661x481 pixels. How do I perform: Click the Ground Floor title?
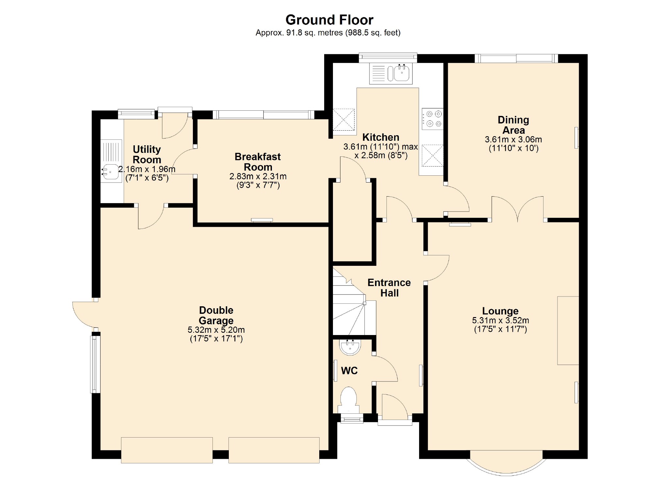[329, 20]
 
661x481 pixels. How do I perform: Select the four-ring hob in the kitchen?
[433, 119]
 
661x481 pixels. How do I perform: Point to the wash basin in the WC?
[350, 347]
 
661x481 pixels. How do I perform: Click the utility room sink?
[110, 172]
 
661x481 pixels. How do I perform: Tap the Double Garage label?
[216, 315]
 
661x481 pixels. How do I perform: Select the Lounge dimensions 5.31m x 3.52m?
[500, 321]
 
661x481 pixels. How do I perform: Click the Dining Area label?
[513, 125]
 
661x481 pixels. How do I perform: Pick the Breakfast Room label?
[258, 162]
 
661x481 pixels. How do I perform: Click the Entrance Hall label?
[389, 287]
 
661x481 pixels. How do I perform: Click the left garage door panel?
[167, 450]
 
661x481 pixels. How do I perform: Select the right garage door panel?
[274, 450]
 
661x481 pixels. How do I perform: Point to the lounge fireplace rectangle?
[568, 330]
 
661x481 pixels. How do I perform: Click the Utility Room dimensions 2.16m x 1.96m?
[147, 169]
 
